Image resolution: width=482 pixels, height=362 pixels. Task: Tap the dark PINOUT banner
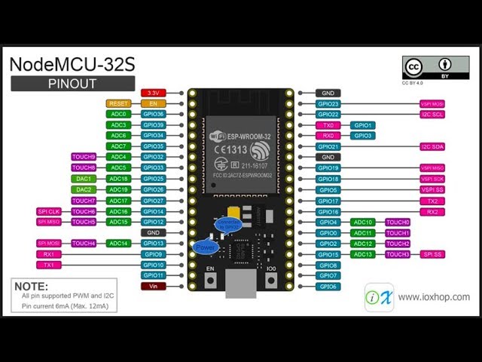[73, 83]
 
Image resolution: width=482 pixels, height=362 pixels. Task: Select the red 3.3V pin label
[153, 93]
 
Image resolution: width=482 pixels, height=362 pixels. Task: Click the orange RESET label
[119, 103]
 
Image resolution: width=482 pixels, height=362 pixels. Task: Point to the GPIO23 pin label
[328, 104]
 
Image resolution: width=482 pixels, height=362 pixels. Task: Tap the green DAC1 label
[84, 179]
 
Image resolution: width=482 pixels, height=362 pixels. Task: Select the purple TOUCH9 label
[84, 157]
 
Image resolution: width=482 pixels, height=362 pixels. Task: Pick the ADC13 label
[363, 254]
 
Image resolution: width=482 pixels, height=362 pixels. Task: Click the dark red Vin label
[153, 287]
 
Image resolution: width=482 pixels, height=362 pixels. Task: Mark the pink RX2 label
[432, 212]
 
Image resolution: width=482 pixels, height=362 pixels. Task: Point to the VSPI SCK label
[432, 179]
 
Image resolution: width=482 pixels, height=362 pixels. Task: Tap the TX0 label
[328, 125]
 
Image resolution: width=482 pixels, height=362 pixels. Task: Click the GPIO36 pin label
[153, 114]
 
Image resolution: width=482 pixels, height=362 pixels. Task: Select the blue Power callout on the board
[203, 247]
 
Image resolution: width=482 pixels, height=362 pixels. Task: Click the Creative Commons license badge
[426, 68]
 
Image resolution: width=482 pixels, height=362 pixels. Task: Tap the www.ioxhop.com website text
[434, 297]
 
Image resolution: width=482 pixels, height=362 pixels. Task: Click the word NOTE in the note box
[32, 287]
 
